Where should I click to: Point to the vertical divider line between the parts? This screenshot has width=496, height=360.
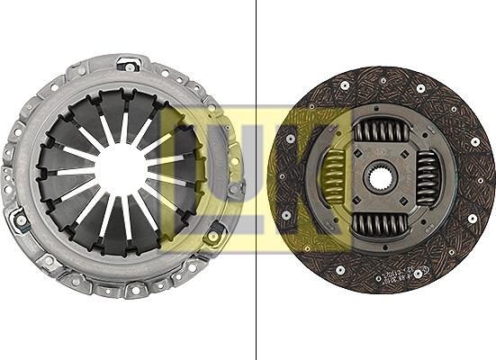(x=256, y=180)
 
